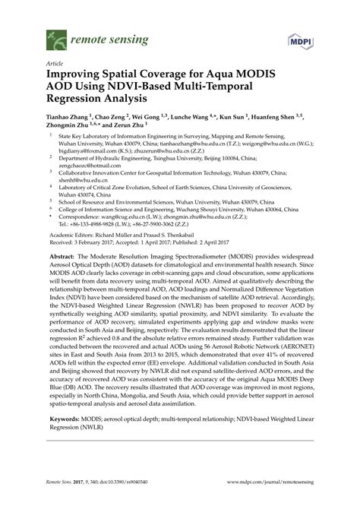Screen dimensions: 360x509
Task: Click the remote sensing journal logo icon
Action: point(53,34)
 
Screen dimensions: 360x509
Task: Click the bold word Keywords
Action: point(65,439)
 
